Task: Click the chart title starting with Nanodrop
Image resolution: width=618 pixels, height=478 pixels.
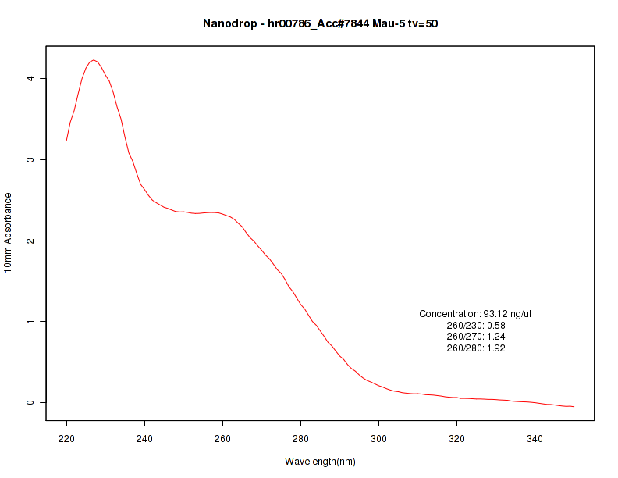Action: [320, 24]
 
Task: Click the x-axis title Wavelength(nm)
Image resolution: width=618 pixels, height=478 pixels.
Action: [320, 462]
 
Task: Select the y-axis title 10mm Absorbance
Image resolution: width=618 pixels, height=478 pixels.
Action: [9, 232]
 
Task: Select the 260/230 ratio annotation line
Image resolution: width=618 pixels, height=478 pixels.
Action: [476, 326]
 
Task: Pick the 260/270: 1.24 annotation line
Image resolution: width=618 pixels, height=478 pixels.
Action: [476, 337]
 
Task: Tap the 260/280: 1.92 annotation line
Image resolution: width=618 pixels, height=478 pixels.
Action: [476, 348]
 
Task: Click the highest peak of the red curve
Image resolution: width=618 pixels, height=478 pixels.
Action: [94, 59]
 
